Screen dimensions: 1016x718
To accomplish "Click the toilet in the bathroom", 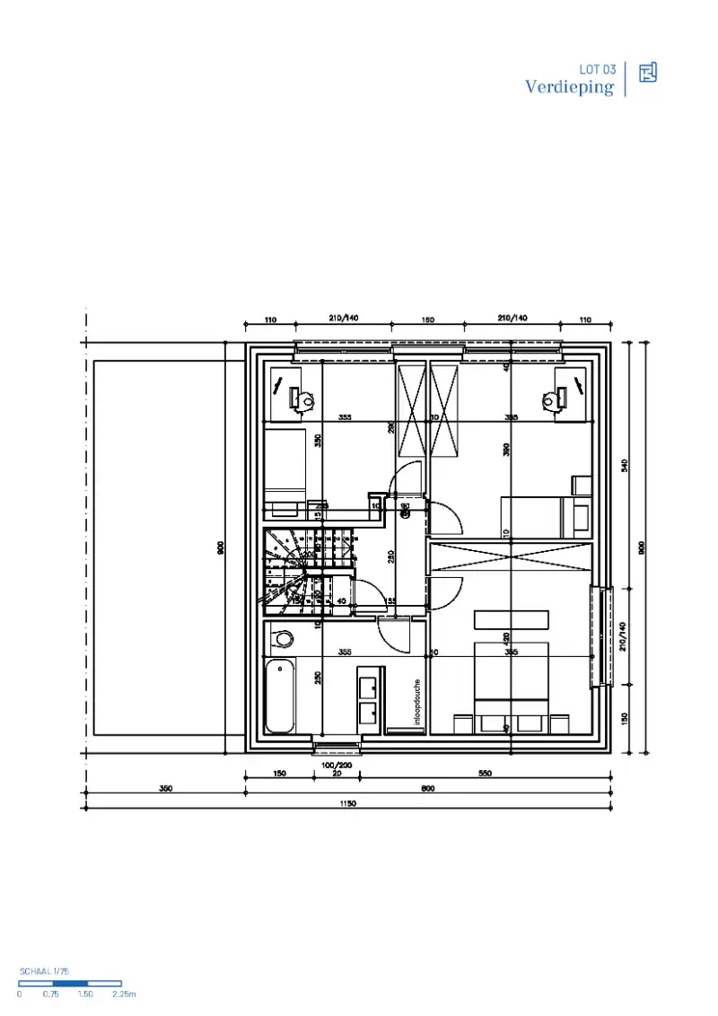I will coord(284,638).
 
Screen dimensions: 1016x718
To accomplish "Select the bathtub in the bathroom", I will coord(279,696).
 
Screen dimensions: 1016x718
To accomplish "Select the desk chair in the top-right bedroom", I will coord(551,399).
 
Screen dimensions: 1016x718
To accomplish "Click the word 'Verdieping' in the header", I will coord(570,87).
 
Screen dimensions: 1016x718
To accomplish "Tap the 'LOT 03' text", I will coord(598,69).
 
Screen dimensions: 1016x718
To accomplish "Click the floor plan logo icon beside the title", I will coord(648,73).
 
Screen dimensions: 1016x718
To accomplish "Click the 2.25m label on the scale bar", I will coord(123,994).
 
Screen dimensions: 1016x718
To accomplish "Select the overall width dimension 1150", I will coord(348,805).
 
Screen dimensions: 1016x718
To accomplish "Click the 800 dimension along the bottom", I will coord(427,789).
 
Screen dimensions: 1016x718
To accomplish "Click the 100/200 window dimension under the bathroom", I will coord(337,765).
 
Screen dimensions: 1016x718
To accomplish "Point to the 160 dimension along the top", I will coord(428,320).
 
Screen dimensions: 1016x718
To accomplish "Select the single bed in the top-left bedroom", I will coord(285,471).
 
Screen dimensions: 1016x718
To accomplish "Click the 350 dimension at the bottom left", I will coord(165,789).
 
